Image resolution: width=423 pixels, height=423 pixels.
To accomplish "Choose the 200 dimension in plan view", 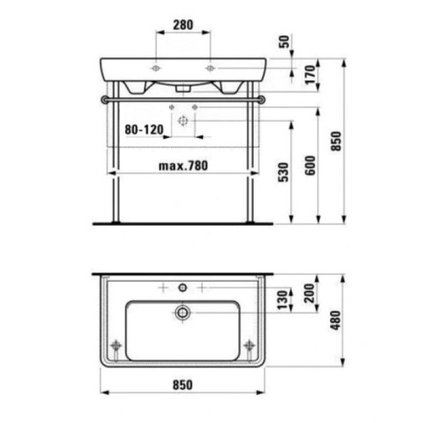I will [x=310, y=294].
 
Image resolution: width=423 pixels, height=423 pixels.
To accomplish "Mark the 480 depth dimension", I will [x=337, y=320].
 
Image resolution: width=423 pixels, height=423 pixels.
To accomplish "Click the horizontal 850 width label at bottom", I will [x=182, y=383].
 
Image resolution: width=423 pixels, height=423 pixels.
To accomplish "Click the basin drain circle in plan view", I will [x=182, y=312].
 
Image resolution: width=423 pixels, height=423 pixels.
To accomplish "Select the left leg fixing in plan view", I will [x=115, y=346].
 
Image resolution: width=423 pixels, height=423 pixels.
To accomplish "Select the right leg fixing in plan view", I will [x=248, y=346].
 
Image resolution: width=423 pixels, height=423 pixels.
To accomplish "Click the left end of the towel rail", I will [x=105, y=98].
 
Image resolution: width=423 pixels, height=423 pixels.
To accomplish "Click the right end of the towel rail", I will [x=260, y=98].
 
